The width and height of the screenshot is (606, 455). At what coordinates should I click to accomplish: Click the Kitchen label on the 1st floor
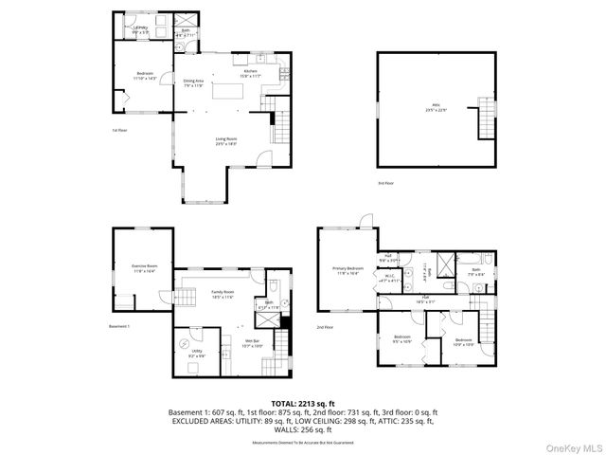[x=251, y=72]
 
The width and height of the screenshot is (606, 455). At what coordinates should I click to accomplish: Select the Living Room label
[x=225, y=140]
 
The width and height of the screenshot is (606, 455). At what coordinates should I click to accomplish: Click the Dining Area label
[x=193, y=82]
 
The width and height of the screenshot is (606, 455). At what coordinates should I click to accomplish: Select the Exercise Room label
[x=145, y=268]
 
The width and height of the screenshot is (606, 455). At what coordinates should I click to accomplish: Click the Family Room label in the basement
[x=223, y=295]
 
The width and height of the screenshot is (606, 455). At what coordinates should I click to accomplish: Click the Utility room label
[x=197, y=353]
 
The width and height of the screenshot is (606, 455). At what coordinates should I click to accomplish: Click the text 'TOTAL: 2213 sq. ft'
[x=303, y=403]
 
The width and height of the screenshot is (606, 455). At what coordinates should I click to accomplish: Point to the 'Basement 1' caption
[x=119, y=326]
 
